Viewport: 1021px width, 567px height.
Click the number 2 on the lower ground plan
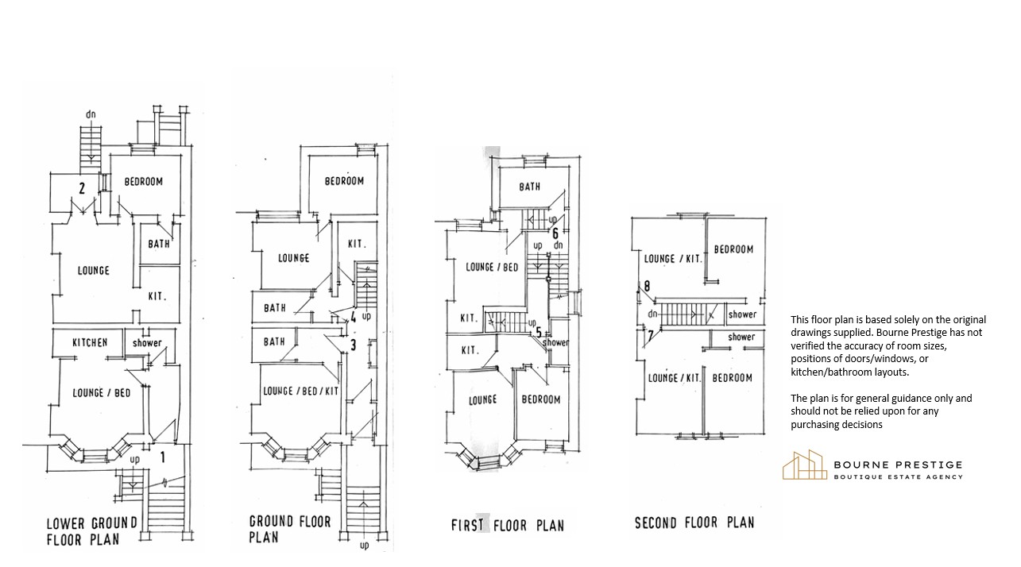(82, 188)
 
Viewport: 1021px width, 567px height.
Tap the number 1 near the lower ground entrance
(162, 457)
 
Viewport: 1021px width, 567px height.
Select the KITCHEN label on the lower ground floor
(90, 342)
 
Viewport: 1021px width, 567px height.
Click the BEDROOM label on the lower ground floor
(144, 182)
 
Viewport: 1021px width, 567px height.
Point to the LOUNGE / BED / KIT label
(301, 391)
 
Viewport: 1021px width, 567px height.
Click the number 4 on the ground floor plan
(354, 315)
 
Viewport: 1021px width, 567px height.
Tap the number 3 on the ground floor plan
(354, 345)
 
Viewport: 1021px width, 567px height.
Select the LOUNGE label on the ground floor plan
(293, 258)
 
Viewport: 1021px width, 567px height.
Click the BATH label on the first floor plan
(530, 187)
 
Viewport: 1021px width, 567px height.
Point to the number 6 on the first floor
(555, 233)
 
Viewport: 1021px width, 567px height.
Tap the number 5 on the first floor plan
(538, 333)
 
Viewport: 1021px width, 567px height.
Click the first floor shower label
(555, 342)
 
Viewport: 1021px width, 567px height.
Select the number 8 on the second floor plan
(646, 286)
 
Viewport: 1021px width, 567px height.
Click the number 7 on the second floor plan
(651, 336)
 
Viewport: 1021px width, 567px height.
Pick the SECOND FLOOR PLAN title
(694, 523)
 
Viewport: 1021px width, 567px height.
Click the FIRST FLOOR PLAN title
(507, 525)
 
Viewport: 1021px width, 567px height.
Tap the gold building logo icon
(805, 465)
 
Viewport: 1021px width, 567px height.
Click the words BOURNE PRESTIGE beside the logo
(898, 465)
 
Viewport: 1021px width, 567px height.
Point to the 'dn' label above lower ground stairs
(91, 114)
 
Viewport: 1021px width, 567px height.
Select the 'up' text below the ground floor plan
(364, 545)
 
